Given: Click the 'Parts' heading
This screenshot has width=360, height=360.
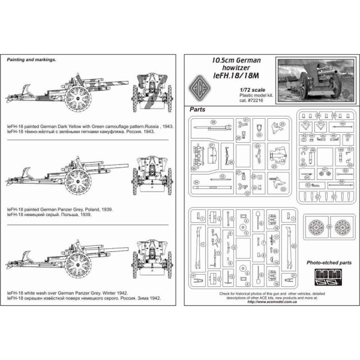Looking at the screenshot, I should click(x=197, y=110).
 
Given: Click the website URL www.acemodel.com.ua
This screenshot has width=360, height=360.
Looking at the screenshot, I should click(x=270, y=302).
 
